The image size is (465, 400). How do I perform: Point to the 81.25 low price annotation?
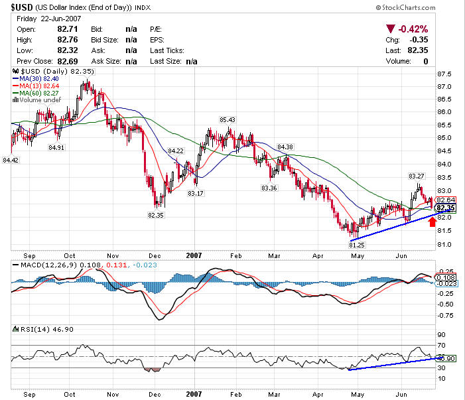tap(358, 245)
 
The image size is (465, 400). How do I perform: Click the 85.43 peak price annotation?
tap(228, 119)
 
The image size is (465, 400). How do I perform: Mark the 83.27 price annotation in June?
tap(417, 176)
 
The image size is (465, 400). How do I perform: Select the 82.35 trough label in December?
tap(155, 215)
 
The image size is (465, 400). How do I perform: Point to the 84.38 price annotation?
tap(285, 147)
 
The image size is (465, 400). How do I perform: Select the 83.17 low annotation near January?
tap(196, 193)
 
